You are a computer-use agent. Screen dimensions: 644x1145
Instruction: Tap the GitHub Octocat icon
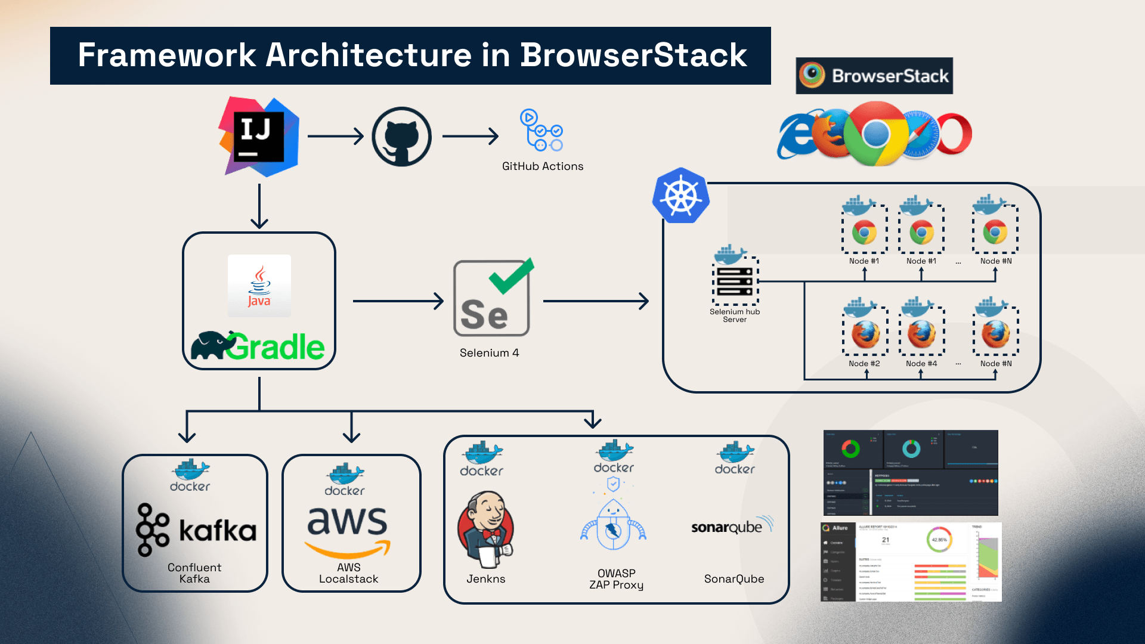401,137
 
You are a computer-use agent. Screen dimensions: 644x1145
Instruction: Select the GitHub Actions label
542,166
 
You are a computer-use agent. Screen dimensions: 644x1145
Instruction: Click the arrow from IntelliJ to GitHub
335,137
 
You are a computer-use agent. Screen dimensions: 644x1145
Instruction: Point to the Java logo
259,286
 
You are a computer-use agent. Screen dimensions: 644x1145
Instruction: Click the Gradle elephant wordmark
258,346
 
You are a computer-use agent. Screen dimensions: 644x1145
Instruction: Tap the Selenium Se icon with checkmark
492,298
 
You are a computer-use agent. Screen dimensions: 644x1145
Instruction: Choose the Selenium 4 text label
489,353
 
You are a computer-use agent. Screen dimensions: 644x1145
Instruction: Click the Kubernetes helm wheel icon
680,196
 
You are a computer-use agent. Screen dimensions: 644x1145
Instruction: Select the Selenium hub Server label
735,315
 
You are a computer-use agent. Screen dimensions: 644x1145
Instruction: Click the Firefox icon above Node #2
865,335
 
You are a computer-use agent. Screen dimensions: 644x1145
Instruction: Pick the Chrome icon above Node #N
995,232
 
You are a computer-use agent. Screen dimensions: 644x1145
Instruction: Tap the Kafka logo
196,530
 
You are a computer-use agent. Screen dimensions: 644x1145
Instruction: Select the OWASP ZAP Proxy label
616,579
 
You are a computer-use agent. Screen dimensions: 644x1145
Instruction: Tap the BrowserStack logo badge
874,76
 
